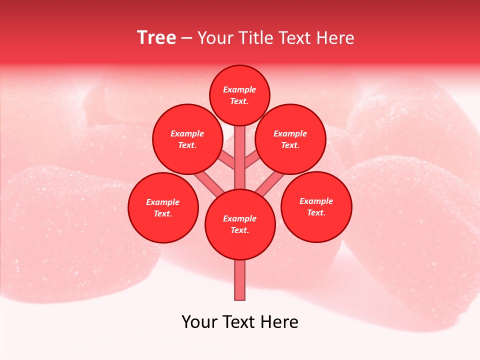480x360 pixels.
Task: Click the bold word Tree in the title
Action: [x=156, y=38]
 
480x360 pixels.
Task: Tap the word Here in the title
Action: [x=336, y=38]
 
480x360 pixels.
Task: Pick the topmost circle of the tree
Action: [x=239, y=95]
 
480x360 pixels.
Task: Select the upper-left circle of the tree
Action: [x=187, y=139]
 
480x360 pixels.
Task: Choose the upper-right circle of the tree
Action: [x=290, y=139]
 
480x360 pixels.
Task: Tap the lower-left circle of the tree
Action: [x=162, y=207]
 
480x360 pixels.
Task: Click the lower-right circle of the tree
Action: [x=316, y=206]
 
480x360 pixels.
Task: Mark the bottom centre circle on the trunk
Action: [x=239, y=224]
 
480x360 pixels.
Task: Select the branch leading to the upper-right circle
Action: [x=251, y=160]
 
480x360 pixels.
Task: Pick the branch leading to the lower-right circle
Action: [x=270, y=183]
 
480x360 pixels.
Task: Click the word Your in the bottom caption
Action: [x=199, y=322]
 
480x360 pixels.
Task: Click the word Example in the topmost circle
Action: [x=239, y=89]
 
